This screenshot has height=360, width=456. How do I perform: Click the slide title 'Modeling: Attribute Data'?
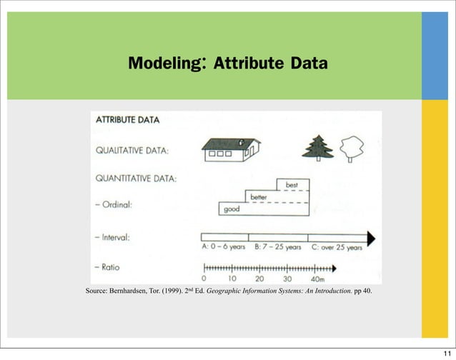click(227, 65)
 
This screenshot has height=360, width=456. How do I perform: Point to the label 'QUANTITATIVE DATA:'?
click(137, 177)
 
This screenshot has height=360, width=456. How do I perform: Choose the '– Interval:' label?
click(115, 236)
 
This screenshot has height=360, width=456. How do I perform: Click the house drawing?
click(230, 148)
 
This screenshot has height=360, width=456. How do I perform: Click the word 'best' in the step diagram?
click(292, 185)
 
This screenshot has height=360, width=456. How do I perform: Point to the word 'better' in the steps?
click(259, 197)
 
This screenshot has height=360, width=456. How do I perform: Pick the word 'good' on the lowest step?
click(232, 209)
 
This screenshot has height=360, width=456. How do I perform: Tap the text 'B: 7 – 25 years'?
click(278, 249)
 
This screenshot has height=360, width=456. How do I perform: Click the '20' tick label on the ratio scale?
click(259, 279)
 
